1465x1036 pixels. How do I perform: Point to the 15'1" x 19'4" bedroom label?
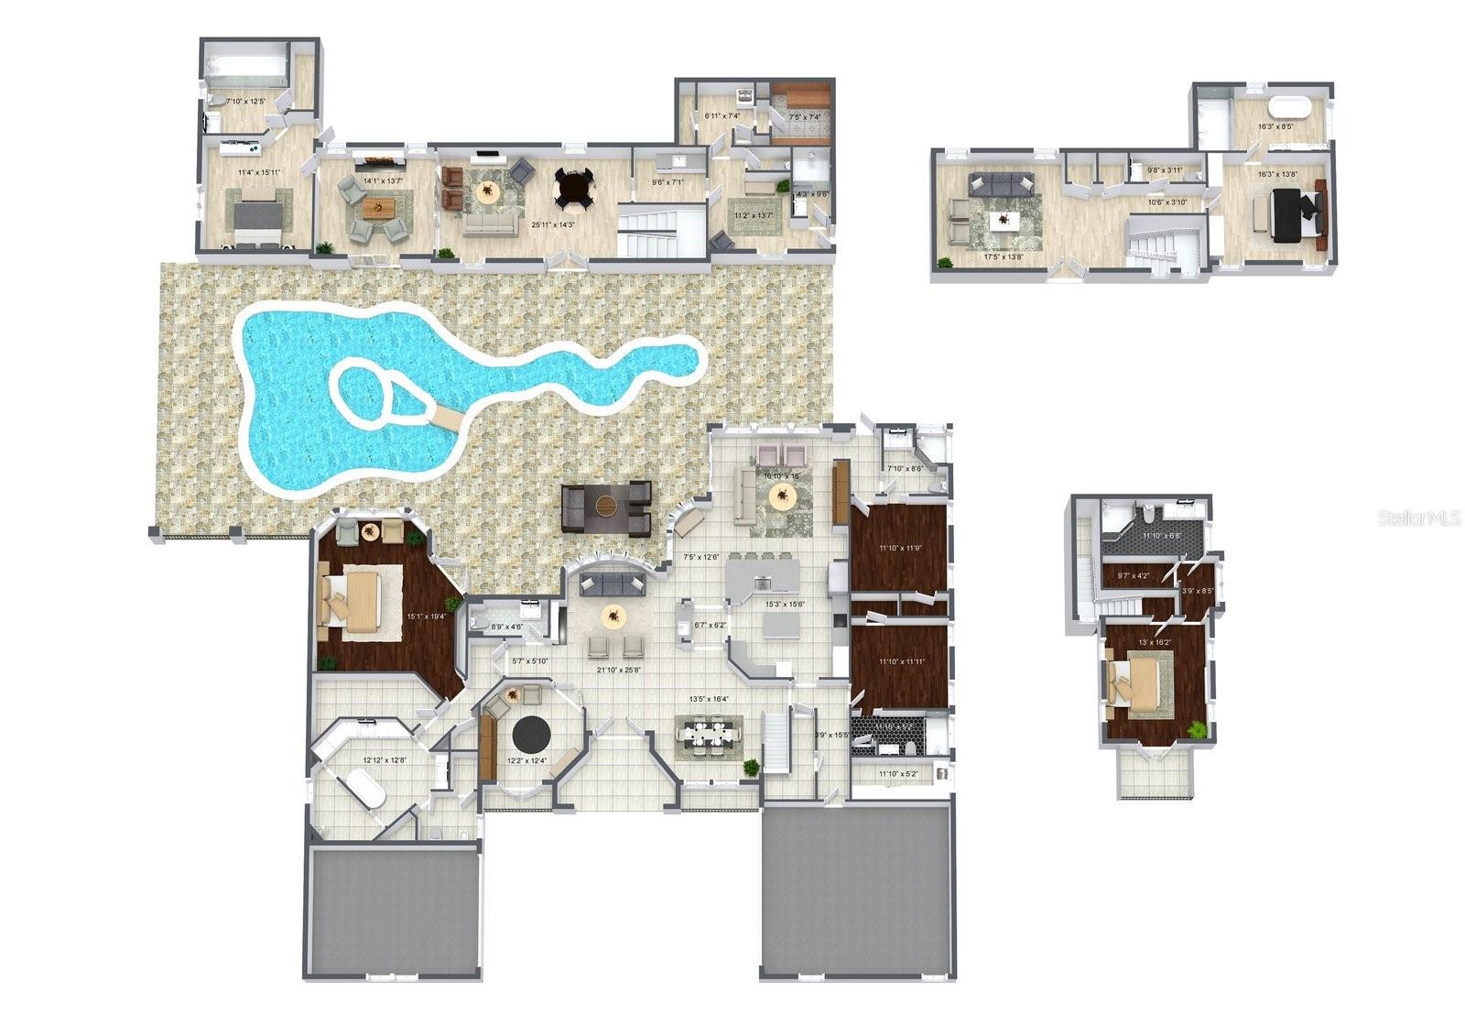pos(426,616)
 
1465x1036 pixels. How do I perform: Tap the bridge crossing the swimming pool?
pos(447,419)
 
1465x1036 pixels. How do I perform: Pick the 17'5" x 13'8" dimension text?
pos(1003,257)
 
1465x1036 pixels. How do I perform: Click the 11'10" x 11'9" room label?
pos(898,548)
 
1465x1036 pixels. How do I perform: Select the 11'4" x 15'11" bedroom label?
pos(258,172)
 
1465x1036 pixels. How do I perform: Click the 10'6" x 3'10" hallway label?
pos(1167,202)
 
